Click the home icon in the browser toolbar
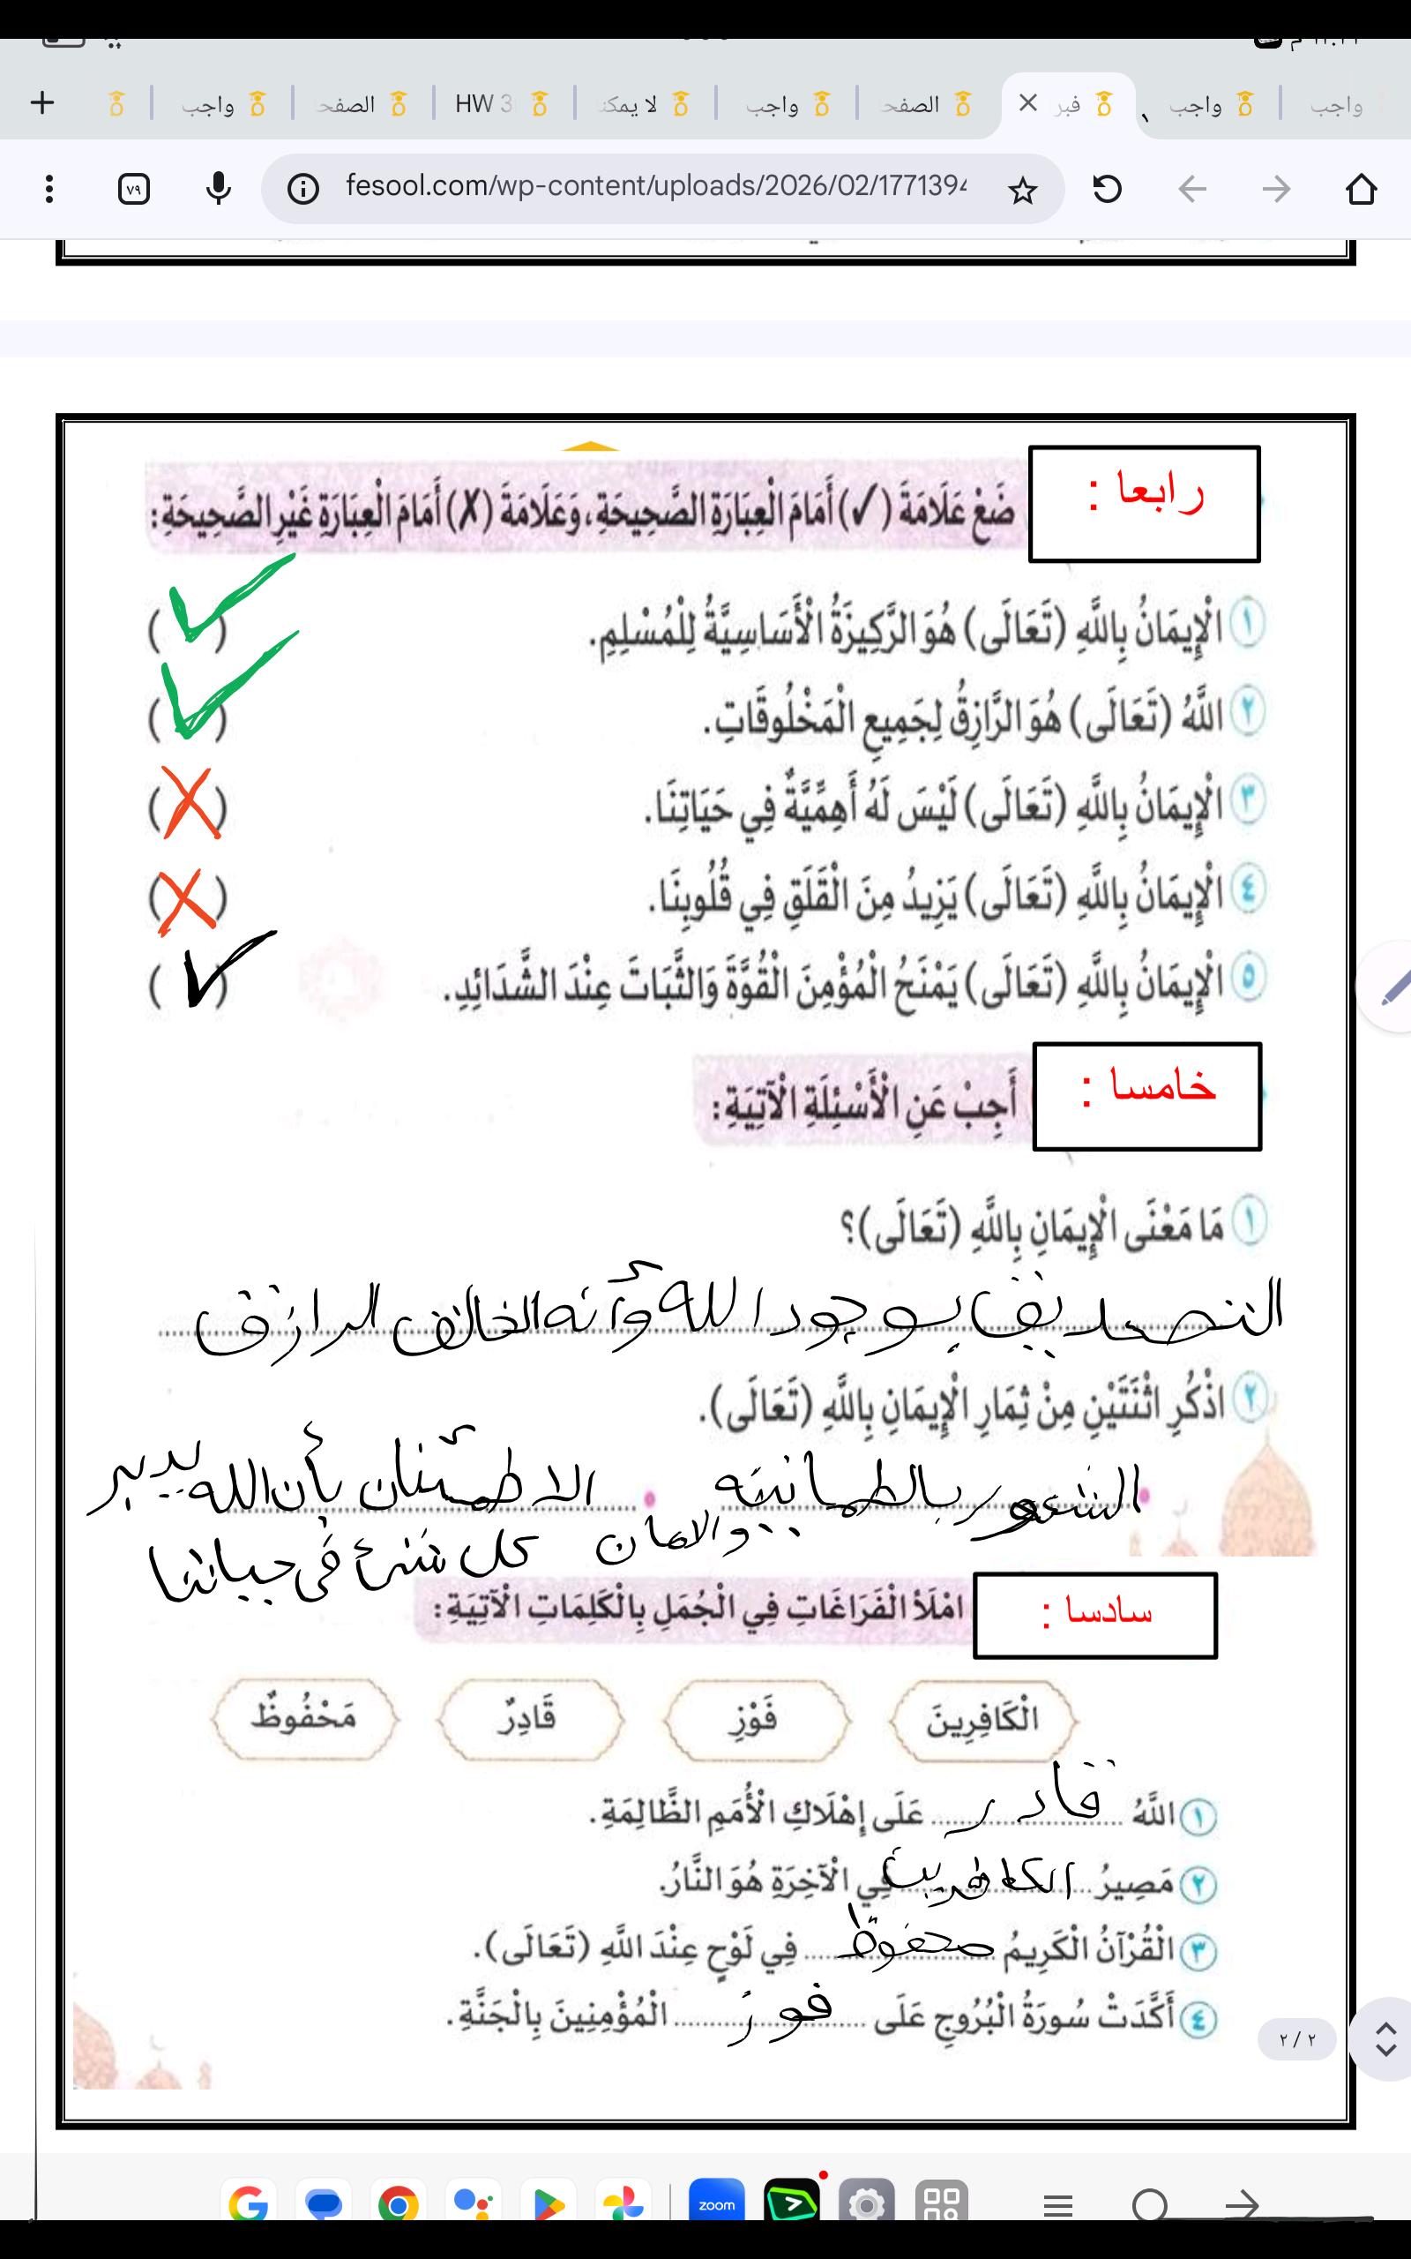[x=1361, y=190]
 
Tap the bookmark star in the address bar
[x=1023, y=191]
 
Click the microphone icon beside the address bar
[x=219, y=190]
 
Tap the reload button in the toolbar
[x=1107, y=190]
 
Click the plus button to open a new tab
[x=42, y=102]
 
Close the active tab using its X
[x=1027, y=103]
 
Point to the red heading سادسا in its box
[x=1096, y=1613]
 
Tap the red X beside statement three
[x=190, y=803]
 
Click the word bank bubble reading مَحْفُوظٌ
[x=304, y=1719]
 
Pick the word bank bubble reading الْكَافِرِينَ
[x=982, y=1719]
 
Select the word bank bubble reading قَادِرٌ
[x=528, y=1719]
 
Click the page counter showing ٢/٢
[x=1297, y=2039]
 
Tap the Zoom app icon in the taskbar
[x=717, y=2204]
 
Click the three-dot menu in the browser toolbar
[x=49, y=190]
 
